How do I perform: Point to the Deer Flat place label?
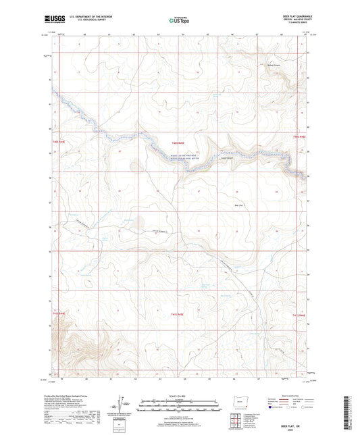[237, 205]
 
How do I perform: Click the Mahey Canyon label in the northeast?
[273, 66]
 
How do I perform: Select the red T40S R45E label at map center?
[178, 143]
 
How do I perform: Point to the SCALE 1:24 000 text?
[180, 396]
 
